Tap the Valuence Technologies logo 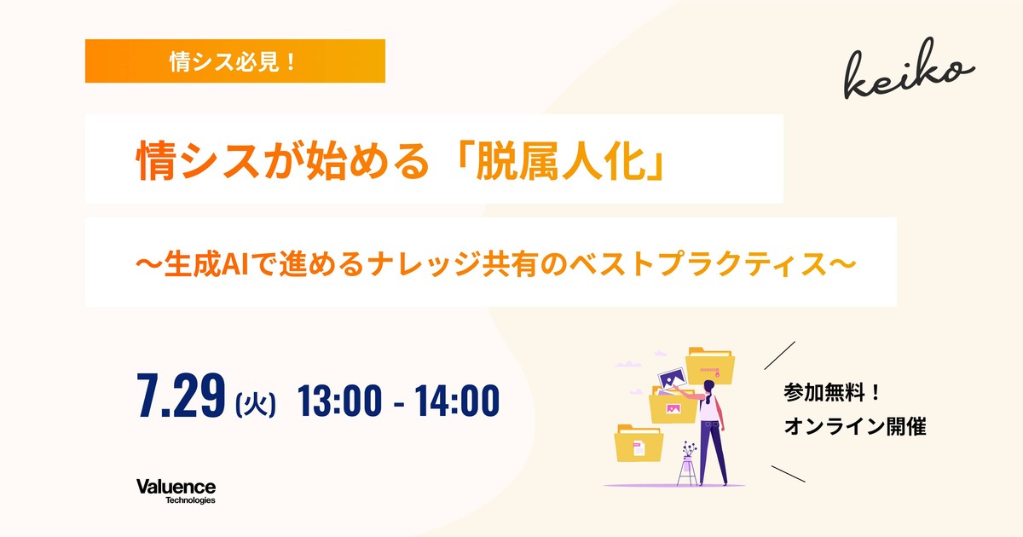[176, 491]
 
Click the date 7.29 [181, 396]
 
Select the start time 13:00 [339, 401]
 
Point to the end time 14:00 [457, 401]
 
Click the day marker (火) [256, 404]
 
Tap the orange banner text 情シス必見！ [234, 61]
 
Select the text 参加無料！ [832, 392]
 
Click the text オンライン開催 [855, 426]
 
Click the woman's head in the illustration [708, 388]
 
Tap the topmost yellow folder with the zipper [710, 366]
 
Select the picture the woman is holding [672, 380]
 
